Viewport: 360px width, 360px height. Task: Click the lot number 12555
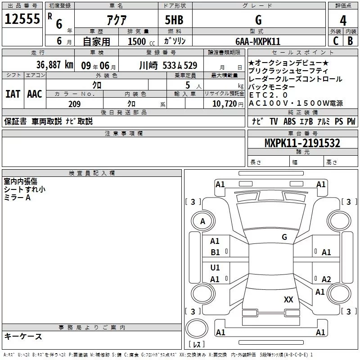[x=22, y=19]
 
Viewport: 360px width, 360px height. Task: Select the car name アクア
[x=117, y=20]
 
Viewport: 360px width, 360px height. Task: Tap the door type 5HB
[x=174, y=20]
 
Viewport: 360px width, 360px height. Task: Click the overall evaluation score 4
[x=343, y=21]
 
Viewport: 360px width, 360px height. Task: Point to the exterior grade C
[x=336, y=41]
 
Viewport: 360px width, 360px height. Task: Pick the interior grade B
[x=351, y=41]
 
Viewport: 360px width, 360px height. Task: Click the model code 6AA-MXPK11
[x=258, y=41]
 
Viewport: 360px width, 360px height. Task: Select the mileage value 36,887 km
[x=54, y=65]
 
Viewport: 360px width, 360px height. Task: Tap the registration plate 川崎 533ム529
[x=168, y=66]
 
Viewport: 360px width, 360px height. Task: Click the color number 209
[x=74, y=104]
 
